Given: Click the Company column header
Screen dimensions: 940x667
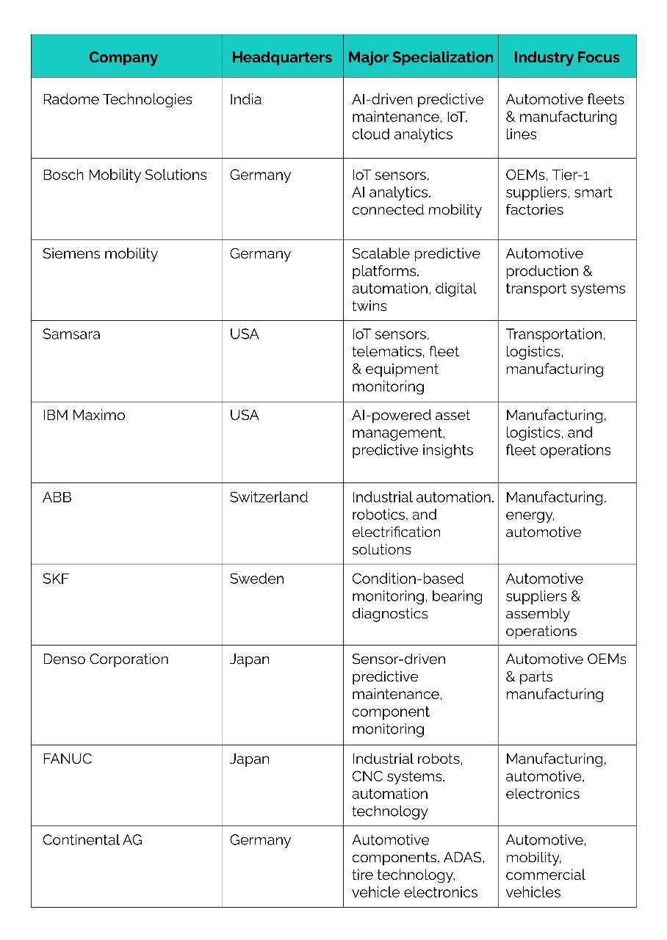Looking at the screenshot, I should click(x=123, y=57).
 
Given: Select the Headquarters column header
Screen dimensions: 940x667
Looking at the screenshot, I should click(x=282, y=57).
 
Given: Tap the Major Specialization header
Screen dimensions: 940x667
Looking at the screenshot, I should click(x=420, y=57).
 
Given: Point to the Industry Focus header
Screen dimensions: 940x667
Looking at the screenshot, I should click(x=566, y=57).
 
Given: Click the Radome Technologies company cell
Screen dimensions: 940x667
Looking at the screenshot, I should click(x=118, y=99).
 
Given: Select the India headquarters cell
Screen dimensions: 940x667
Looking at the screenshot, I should click(x=245, y=99).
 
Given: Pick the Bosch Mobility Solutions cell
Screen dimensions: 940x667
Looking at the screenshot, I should click(x=125, y=175).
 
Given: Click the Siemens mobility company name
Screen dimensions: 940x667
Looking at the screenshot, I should click(x=100, y=253).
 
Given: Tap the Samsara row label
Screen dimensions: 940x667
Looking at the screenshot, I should click(x=71, y=334).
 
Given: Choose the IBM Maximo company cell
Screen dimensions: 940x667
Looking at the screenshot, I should click(x=84, y=415).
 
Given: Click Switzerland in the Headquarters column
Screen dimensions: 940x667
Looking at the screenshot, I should click(x=268, y=497).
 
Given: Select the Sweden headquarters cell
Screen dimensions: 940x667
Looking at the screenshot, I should click(x=256, y=579).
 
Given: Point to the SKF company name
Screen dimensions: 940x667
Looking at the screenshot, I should click(x=57, y=579).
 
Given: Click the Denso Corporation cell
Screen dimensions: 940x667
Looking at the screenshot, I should click(x=106, y=659).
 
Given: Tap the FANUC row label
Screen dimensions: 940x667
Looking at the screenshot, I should click(x=68, y=759).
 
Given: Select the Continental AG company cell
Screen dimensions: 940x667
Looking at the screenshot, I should click(x=93, y=839).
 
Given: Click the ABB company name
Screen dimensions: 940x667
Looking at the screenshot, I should click(x=57, y=497).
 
